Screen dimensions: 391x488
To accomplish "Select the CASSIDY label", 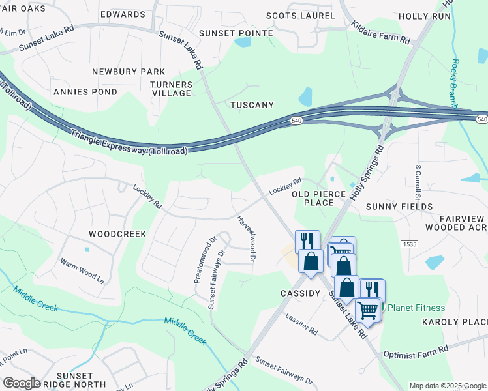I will point(300,293).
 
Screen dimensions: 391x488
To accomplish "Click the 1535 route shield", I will point(409,242).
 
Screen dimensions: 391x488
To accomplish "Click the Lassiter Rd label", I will point(301,324).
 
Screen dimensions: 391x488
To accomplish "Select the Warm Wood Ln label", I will point(82,270).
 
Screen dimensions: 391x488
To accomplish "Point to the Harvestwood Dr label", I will point(246,239).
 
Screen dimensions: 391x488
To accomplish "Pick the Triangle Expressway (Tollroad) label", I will point(130,142).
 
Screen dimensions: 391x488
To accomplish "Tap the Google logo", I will point(22,383).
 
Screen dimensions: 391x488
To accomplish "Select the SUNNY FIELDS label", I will point(399,207).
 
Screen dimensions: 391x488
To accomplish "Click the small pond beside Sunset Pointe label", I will point(243,42).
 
